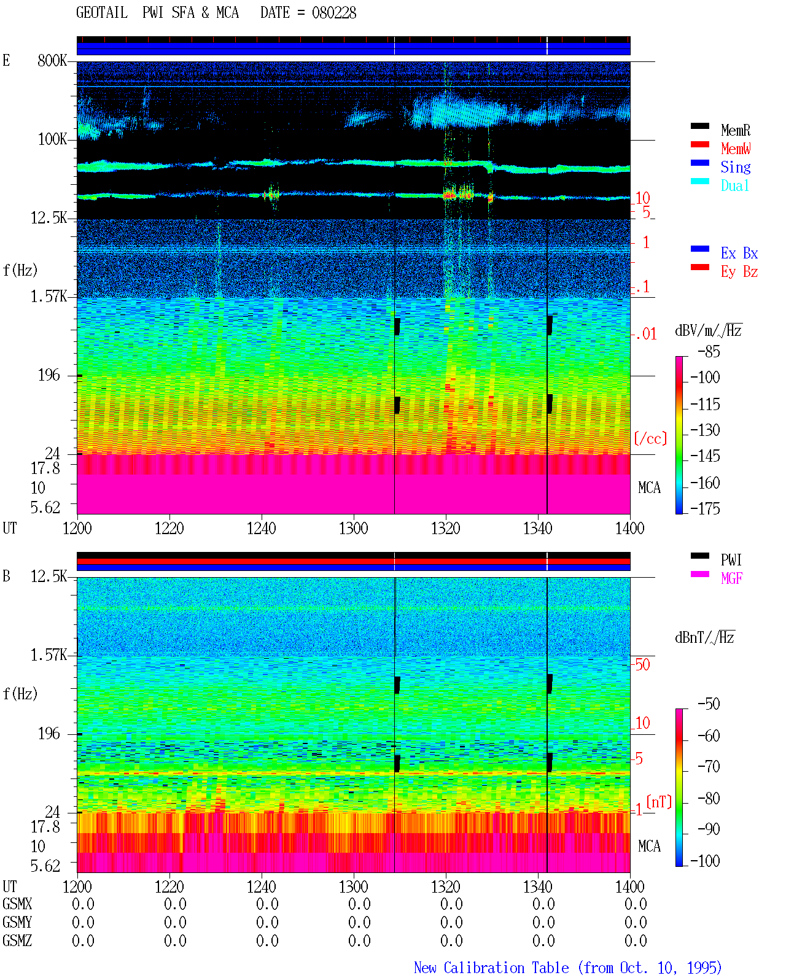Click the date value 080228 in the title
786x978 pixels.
[x=333, y=13]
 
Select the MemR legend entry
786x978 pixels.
[x=735, y=130]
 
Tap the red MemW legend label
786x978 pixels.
[x=736, y=149]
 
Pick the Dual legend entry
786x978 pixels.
[x=734, y=185]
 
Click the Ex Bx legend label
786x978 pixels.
[x=739, y=253]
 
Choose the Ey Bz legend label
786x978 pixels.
[x=739, y=272]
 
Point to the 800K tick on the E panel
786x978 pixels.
[x=52, y=60]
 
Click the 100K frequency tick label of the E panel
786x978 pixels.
[x=52, y=139]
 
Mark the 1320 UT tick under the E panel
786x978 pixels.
[x=446, y=528]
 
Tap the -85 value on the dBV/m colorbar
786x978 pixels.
[x=709, y=351]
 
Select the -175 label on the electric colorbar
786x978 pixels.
[x=705, y=508]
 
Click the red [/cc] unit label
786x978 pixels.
[x=650, y=438]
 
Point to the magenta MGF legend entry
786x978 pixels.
[x=731, y=578]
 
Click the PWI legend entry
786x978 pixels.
[x=731, y=560]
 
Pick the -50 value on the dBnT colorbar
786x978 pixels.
[x=709, y=704]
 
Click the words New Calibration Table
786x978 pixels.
[x=491, y=968]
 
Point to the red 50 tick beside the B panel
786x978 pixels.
[x=643, y=665]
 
